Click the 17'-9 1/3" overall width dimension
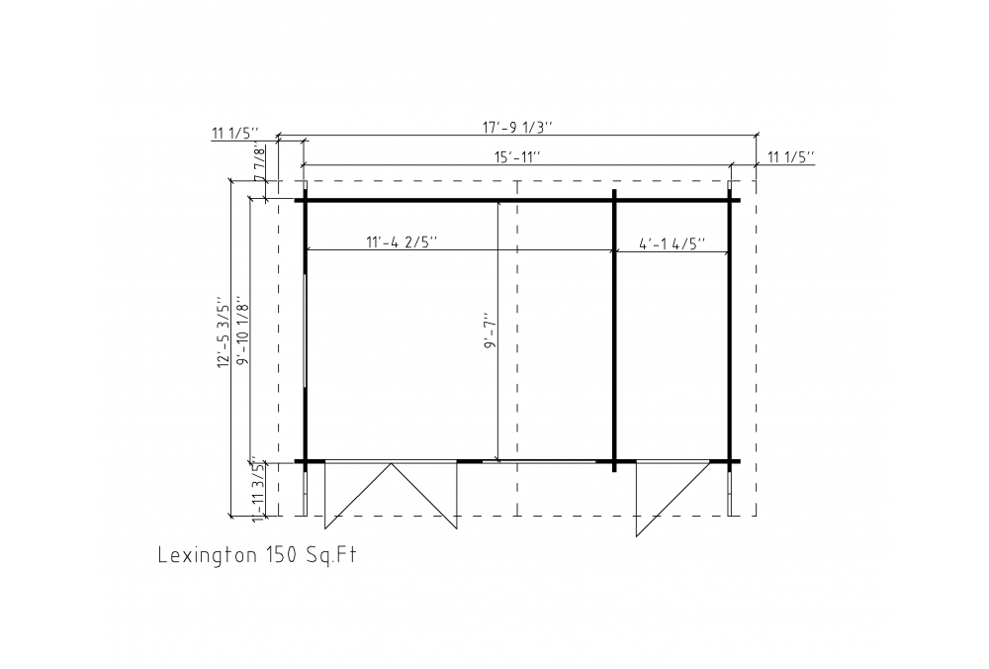[x=517, y=127]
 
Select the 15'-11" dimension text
[x=517, y=156]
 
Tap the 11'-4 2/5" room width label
[x=402, y=242]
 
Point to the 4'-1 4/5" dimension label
[x=673, y=243]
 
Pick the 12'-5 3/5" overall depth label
[x=224, y=332]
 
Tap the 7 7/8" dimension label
[x=258, y=163]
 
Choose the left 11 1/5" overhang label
[x=236, y=134]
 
